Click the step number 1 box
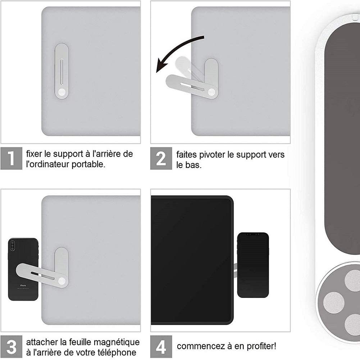(x=11, y=158)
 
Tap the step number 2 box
(x=161, y=158)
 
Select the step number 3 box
(x=11, y=346)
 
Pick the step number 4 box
(x=161, y=346)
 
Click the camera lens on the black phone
(x=12, y=246)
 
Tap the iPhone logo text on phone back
(x=23, y=286)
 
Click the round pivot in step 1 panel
(x=61, y=92)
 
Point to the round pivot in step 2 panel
(x=211, y=92)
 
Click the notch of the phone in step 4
(x=253, y=234)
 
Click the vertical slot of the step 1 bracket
(x=61, y=72)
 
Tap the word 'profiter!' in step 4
(x=261, y=346)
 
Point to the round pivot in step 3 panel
(x=62, y=281)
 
